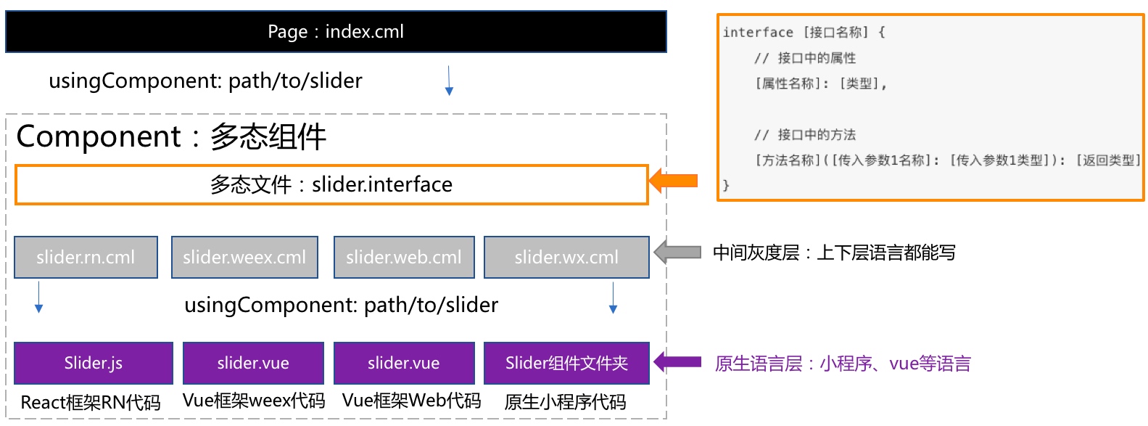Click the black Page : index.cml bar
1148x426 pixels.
pyautogui.click(x=336, y=31)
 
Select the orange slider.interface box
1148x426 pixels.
pyautogui.click(x=331, y=184)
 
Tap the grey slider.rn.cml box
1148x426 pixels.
pyautogui.click(x=86, y=257)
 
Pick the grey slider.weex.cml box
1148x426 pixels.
pyautogui.click(x=244, y=257)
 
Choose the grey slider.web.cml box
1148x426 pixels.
pyautogui.click(x=404, y=257)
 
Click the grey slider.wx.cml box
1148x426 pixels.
pyautogui.click(x=566, y=257)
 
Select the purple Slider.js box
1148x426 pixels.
pyautogui.click(x=94, y=363)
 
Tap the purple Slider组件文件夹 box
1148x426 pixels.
pyautogui.click(x=566, y=363)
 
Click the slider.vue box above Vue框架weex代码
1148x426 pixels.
pyautogui.click(x=253, y=363)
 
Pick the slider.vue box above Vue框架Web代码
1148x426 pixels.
pyautogui.click(x=404, y=363)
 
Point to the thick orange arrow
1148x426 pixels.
pyautogui.click(x=674, y=181)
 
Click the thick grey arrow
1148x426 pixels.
pyautogui.click(x=677, y=253)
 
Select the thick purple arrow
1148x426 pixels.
pyautogui.click(x=677, y=362)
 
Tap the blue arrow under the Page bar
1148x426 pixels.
pyautogui.click(x=449, y=81)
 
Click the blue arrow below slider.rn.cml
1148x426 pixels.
pyautogui.click(x=38, y=298)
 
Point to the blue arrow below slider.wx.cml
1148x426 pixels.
pyautogui.click(x=613, y=298)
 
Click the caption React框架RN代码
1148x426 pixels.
pyautogui.click(x=91, y=403)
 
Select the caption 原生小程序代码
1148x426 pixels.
pyautogui.click(x=565, y=402)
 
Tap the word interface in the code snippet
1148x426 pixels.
pyautogui.click(x=758, y=33)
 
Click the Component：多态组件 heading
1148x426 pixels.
pyautogui.click(x=171, y=137)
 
